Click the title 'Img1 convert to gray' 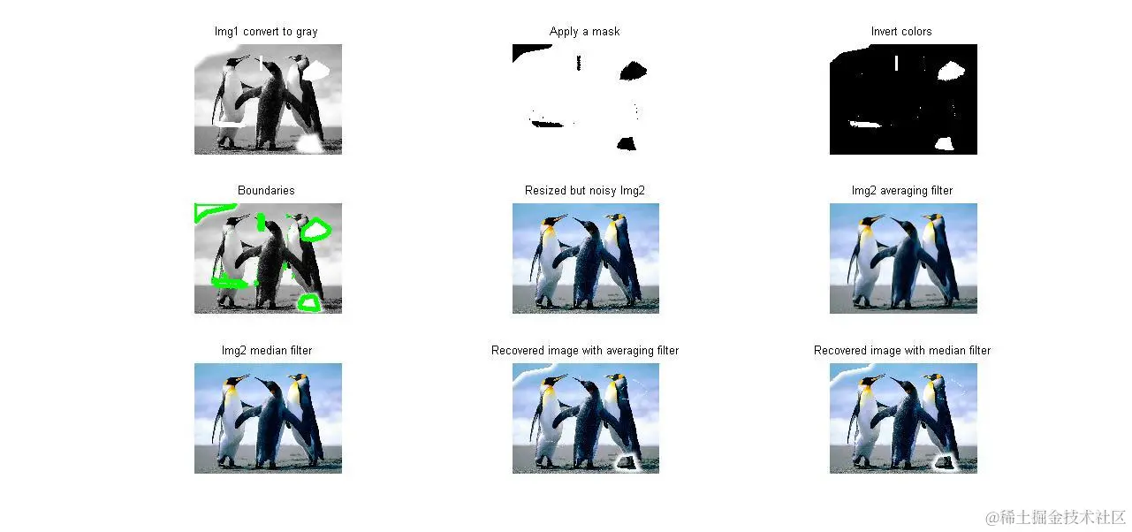(266, 32)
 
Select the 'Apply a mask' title (584, 32)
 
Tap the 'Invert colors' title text (901, 32)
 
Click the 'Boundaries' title (266, 190)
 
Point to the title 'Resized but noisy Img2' (584, 190)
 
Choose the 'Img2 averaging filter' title (901, 190)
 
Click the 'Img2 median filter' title (266, 350)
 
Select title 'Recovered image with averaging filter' (584, 350)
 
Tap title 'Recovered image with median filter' (901, 350)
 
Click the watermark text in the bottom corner (1055, 517)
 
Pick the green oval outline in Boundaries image (316, 231)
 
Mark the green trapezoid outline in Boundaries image (308, 303)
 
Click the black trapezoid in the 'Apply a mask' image (627, 144)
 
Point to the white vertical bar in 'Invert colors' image (896, 63)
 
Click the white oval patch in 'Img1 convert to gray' (315, 71)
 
